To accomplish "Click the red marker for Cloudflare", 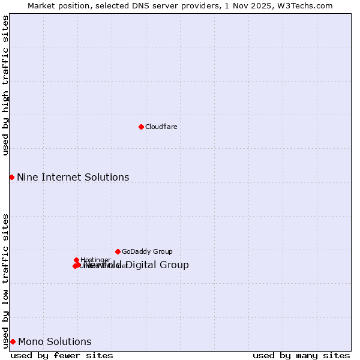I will (x=141, y=127).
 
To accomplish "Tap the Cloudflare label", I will (x=161, y=127).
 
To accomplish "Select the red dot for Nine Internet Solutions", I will (x=11, y=177).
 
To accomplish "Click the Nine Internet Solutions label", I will (x=73, y=177).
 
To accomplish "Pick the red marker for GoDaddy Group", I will (x=118, y=251).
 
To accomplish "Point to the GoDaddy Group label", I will (x=147, y=251).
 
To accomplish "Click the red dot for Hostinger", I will (x=77, y=260).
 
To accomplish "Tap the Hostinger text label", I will (x=95, y=260).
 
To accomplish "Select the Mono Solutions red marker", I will (x=13, y=341).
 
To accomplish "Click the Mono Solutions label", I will (x=55, y=341).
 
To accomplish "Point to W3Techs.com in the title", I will (x=305, y=5).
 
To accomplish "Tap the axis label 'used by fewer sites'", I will (x=62, y=355).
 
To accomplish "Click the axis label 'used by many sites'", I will (x=301, y=355).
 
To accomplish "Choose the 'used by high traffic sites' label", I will (x=5, y=85).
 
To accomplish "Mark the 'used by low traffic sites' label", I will (x=5, y=280).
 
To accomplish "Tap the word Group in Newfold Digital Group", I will (x=175, y=265).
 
